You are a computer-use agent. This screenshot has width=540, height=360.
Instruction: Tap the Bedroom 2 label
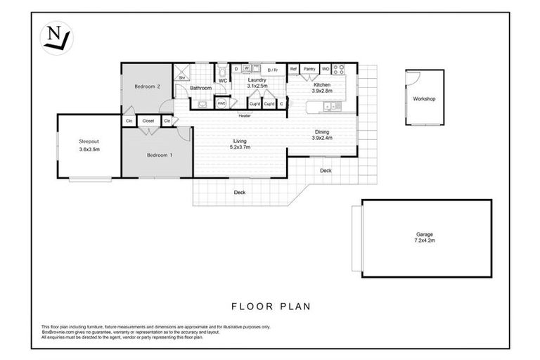click(148, 86)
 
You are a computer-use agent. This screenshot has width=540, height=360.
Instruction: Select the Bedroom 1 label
click(159, 155)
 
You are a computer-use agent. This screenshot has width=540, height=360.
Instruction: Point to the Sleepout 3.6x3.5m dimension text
click(89, 150)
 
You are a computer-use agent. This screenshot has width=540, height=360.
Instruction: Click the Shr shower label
click(181, 77)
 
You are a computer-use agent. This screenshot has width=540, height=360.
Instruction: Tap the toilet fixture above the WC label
click(221, 71)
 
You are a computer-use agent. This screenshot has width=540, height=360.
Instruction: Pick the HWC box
click(221, 103)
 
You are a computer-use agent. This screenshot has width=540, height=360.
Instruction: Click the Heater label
click(245, 115)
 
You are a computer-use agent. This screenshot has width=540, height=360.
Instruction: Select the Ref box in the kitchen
click(293, 69)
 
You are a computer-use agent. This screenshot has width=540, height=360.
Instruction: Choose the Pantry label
click(309, 69)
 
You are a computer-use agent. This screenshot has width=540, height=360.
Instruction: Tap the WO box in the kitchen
click(325, 69)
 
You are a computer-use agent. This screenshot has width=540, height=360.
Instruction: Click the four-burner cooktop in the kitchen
click(337, 69)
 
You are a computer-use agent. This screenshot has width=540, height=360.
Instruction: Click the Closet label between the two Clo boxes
click(148, 121)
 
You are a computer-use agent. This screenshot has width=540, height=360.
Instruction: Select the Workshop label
click(424, 99)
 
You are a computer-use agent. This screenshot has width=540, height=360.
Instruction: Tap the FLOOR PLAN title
click(271, 307)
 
